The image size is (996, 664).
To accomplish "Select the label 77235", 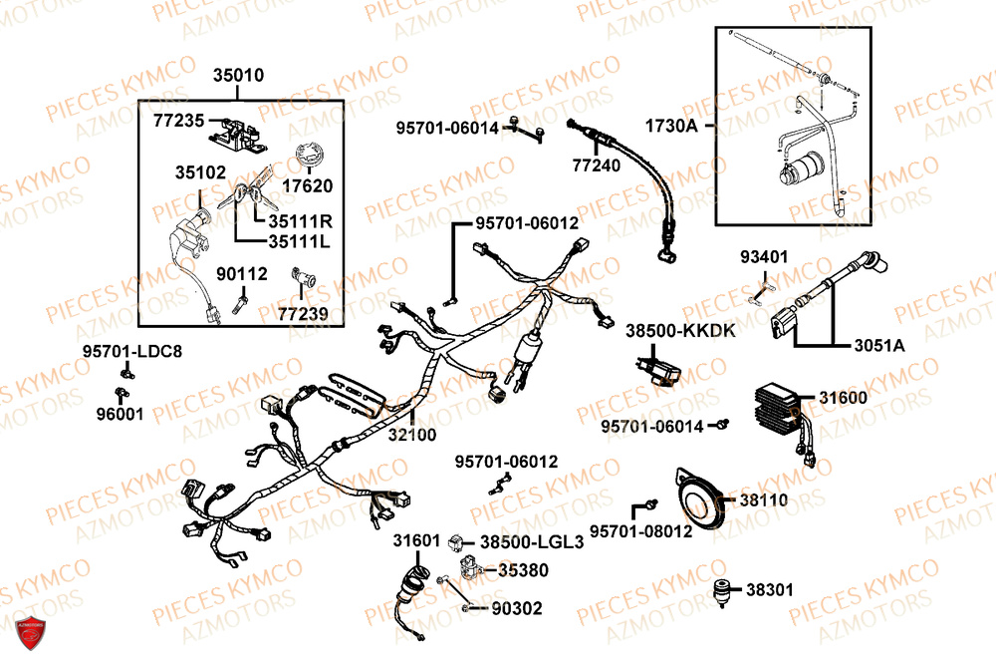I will click(178, 121).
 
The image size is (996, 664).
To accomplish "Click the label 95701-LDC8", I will click(132, 351).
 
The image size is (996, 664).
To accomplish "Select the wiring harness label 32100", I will click(411, 435).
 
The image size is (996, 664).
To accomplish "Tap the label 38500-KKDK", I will click(681, 330).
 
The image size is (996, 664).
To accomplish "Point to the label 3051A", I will click(880, 345).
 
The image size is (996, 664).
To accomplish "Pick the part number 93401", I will click(764, 257).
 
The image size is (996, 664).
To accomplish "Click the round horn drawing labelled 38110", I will click(697, 500).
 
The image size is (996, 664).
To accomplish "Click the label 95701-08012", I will click(639, 531).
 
